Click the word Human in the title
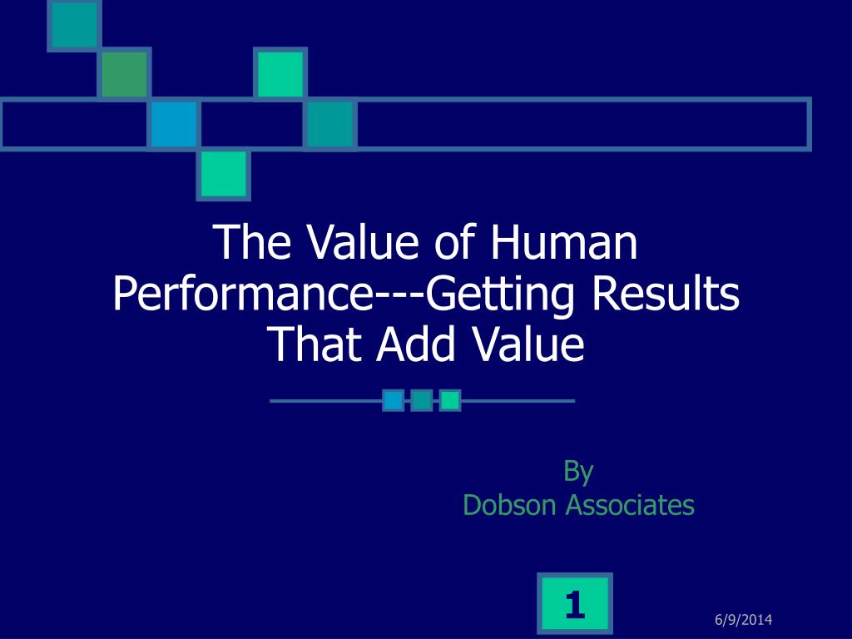point(563,242)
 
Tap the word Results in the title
point(665,294)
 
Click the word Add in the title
point(416,344)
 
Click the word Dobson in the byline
point(509,505)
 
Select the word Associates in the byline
point(631,505)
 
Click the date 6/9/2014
point(743,619)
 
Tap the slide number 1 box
point(575,604)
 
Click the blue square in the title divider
point(394,400)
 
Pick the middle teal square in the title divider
point(422,400)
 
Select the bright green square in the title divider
point(450,400)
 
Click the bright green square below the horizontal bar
point(223,175)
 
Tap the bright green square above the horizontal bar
point(280,74)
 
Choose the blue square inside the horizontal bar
point(174,124)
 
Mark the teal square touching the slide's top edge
point(74,25)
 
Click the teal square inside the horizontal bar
point(330,124)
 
